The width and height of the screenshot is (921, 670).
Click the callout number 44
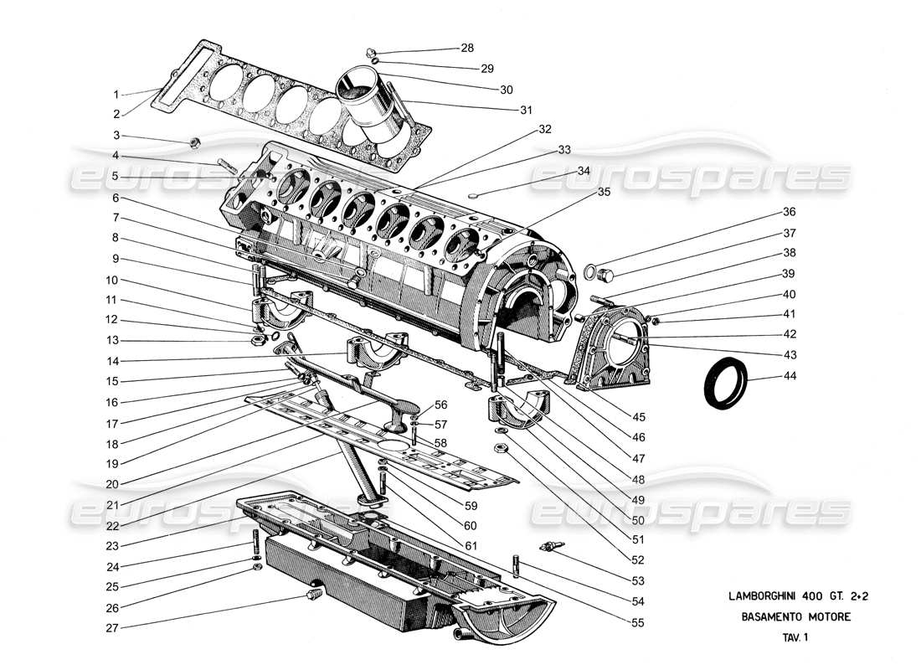click(x=790, y=376)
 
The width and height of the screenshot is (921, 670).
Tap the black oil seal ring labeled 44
click(x=725, y=384)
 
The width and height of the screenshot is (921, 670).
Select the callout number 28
click(x=466, y=48)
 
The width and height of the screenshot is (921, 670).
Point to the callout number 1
click(x=116, y=94)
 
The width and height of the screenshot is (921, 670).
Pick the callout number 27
click(x=112, y=627)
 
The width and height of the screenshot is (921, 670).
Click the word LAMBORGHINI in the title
click(x=759, y=596)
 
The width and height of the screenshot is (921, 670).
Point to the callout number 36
click(x=790, y=212)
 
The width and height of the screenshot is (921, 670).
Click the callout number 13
click(x=112, y=340)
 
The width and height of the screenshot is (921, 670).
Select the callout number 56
click(x=441, y=405)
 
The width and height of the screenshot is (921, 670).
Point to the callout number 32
click(x=545, y=130)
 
